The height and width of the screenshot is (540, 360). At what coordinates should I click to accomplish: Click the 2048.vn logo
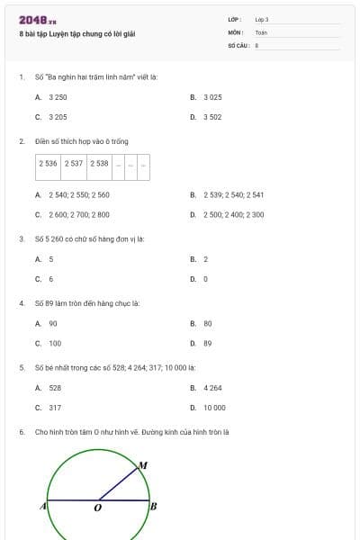pos(38,20)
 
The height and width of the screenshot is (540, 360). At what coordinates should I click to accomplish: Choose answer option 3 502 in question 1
pos(212,117)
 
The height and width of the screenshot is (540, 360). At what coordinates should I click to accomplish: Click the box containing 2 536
pos(48,164)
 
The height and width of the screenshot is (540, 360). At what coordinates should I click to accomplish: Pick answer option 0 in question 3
pos(205,279)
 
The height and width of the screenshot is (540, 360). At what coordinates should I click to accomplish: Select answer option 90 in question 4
pos(53,323)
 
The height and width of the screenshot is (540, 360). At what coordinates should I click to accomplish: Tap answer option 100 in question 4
pos(55,344)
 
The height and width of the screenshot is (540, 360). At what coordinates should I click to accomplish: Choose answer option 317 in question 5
pos(55,408)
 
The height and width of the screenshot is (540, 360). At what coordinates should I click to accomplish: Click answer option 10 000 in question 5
pos(214,408)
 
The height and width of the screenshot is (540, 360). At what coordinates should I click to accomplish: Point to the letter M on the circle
pos(142,465)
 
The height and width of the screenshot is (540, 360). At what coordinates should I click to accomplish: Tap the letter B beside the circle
pos(153,507)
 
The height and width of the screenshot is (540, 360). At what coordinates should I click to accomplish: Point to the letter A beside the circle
pos(42,507)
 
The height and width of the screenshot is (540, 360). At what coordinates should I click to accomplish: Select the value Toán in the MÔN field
pos(261,31)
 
